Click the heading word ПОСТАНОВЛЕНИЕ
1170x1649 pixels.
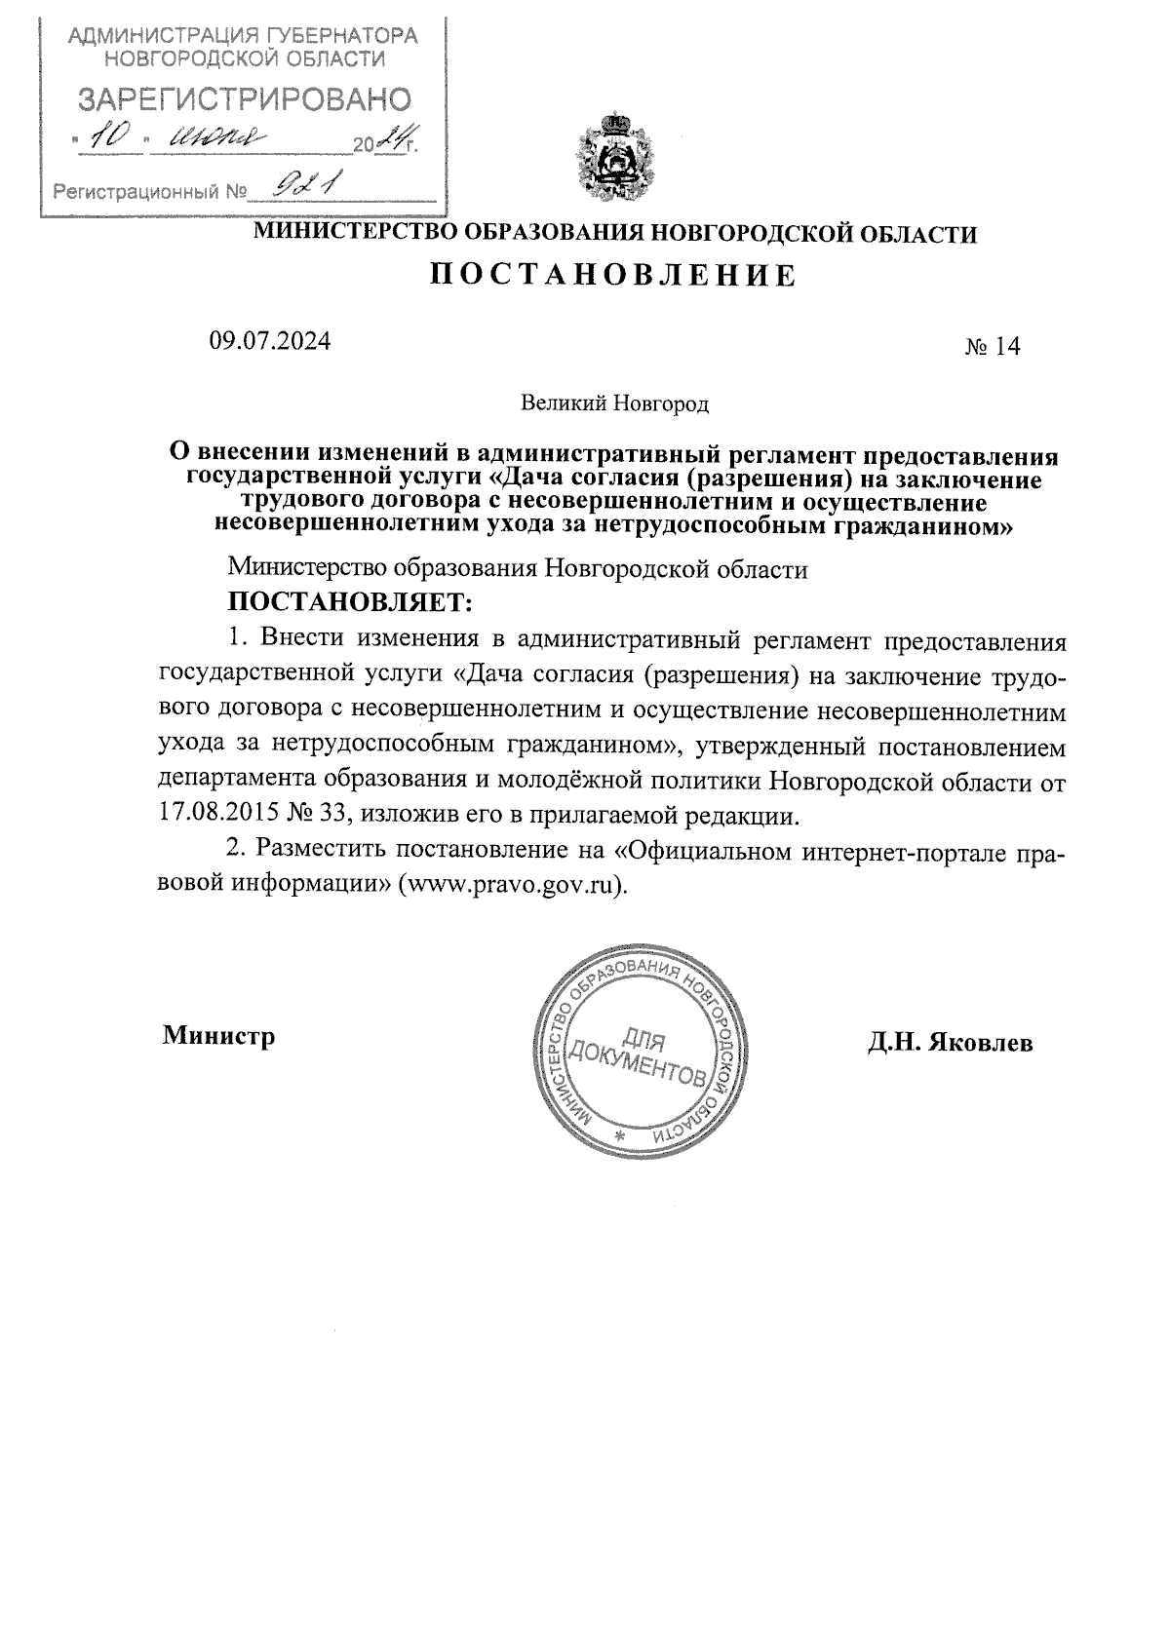pyautogui.click(x=613, y=276)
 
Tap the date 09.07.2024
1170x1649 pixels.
pyautogui.click(x=269, y=341)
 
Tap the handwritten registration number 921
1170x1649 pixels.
pyautogui.click(x=304, y=183)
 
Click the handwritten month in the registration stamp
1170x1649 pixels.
pyautogui.click(x=216, y=141)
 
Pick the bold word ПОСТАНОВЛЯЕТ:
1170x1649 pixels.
pyautogui.click(x=350, y=602)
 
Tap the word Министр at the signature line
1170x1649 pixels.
pyautogui.click(x=218, y=1035)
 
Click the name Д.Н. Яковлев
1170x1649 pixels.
pyautogui.click(x=951, y=1043)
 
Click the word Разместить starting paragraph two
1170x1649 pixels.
pyautogui.click(x=314, y=850)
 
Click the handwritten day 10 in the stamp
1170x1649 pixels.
pyautogui.click(x=108, y=139)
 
